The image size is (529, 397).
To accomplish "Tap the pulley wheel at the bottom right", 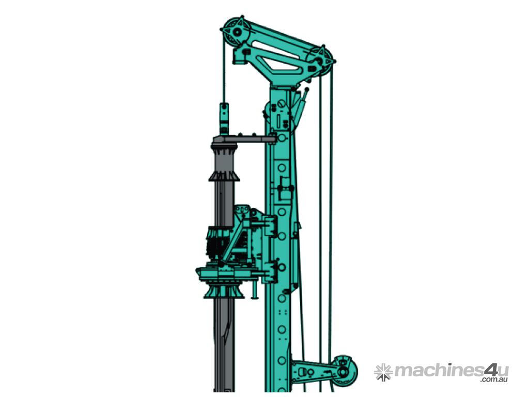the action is tap(344, 371).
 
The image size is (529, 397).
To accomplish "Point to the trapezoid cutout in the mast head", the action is tap(277, 64).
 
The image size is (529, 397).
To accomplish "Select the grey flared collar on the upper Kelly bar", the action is tap(224, 176).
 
